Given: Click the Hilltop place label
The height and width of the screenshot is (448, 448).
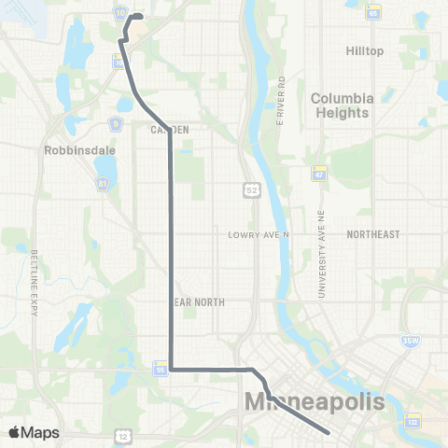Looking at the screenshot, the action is tap(364, 50).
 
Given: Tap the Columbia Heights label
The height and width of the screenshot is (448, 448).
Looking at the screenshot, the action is tap(342, 105).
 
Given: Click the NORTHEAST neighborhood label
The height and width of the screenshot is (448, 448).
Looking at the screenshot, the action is tap(373, 235).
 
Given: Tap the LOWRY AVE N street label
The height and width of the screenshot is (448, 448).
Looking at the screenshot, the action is tap(260, 235).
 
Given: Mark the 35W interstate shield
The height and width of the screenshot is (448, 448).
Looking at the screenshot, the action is tap(411, 342).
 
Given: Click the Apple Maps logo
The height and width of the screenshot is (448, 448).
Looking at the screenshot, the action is tap(34, 432).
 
